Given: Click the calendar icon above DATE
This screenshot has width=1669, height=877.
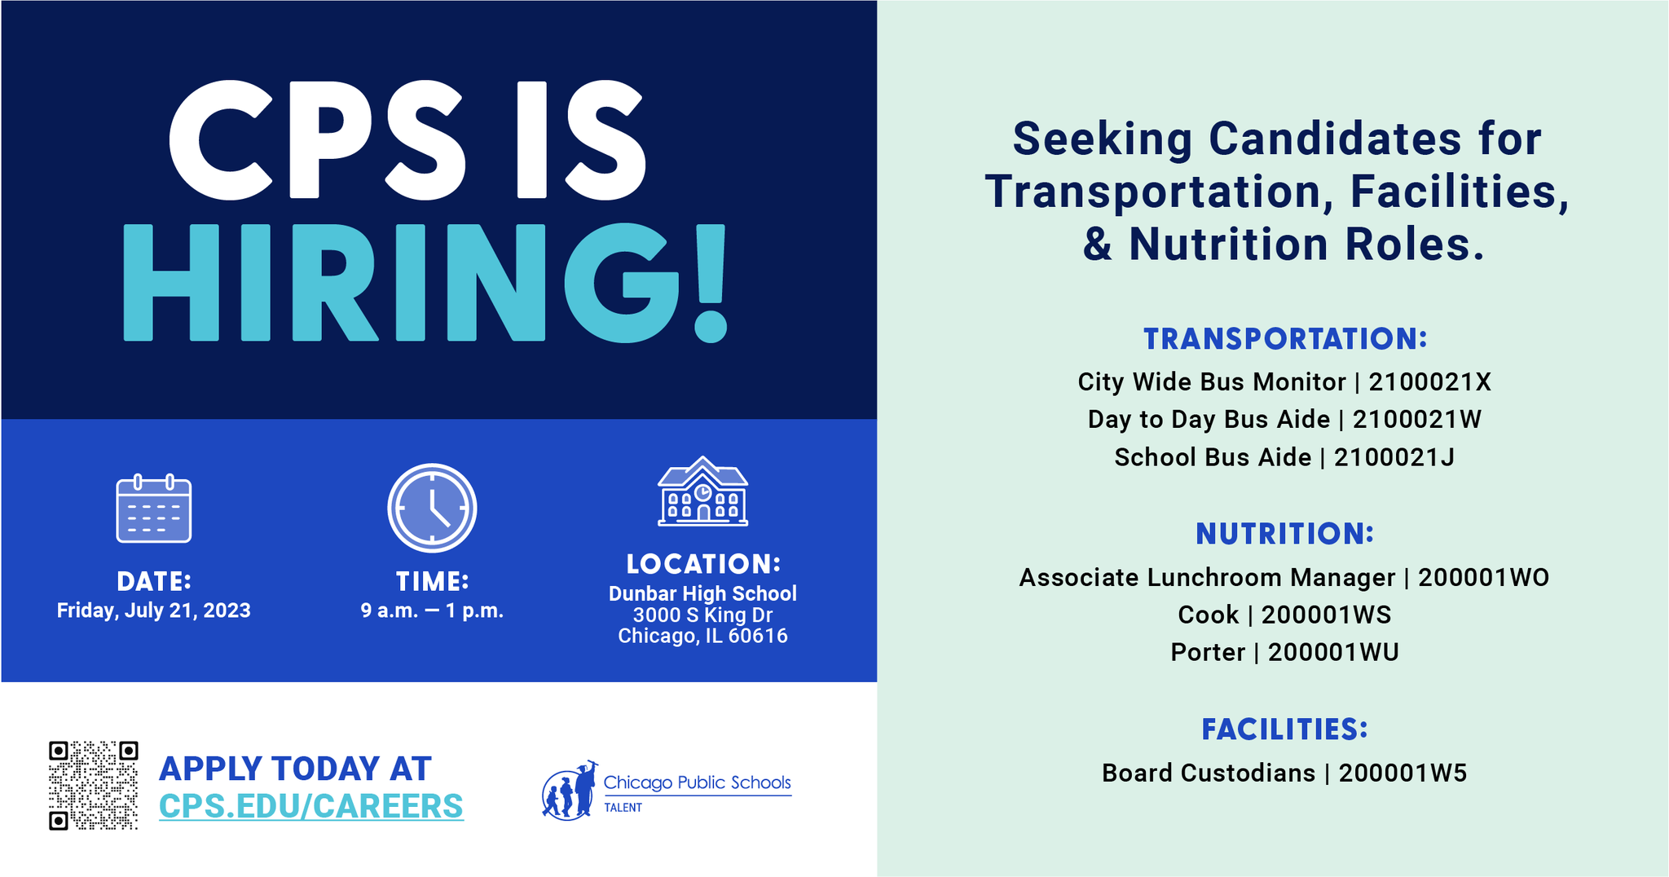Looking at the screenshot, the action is (154, 508).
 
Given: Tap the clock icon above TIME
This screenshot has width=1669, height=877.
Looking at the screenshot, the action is (432, 508).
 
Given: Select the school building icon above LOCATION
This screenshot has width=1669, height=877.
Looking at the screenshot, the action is (702, 491).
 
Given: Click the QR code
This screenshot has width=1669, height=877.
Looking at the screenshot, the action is (93, 786).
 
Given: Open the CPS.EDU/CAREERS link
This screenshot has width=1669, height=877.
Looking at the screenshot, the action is (311, 806).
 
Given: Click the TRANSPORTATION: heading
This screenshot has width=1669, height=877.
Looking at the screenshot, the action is (1285, 339).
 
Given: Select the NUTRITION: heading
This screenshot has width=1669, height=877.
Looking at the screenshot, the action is (1285, 534).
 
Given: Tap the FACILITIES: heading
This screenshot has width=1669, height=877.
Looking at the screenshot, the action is (1285, 729).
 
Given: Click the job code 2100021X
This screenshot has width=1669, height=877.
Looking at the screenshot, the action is (1430, 381).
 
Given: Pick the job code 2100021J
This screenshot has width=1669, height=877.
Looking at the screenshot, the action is (1394, 457).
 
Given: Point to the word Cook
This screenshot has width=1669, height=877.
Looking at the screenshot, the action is (1209, 615).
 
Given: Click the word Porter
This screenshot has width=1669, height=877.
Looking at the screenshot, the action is (1208, 652).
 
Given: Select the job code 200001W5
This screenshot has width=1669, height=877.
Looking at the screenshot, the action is (1403, 773).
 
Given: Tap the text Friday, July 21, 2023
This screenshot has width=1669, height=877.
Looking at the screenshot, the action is (154, 610).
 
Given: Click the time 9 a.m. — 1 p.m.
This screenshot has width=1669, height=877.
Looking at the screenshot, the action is (432, 610).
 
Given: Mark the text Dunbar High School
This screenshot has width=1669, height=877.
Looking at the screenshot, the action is (702, 593).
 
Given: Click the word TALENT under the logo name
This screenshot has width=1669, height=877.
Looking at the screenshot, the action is (623, 808).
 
